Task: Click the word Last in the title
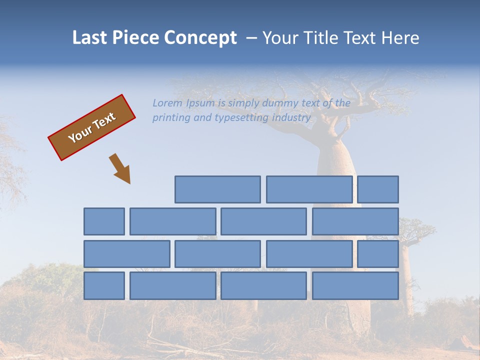(x=88, y=38)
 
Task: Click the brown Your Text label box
(x=92, y=127)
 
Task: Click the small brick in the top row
(x=378, y=189)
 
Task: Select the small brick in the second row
(x=104, y=221)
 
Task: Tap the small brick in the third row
(x=378, y=254)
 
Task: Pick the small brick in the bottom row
(x=104, y=286)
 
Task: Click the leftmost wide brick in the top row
(x=217, y=189)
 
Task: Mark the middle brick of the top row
(x=309, y=189)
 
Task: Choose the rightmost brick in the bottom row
(x=355, y=286)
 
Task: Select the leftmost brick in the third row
(x=126, y=254)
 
